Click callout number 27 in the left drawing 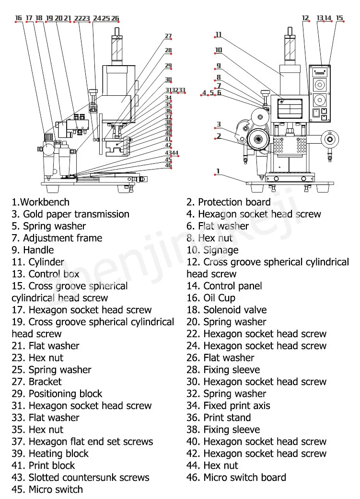click(x=168, y=36)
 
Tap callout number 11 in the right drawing click(x=218, y=34)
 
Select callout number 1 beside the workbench click(x=218, y=171)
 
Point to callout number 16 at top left click(x=19, y=18)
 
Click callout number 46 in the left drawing click(x=168, y=165)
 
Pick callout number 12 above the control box click(x=305, y=18)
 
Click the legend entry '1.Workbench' click(x=40, y=202)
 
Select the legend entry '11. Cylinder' click(x=38, y=262)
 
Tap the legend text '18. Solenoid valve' click(x=227, y=310)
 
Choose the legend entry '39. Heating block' click(x=50, y=454)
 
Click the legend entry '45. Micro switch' click(x=47, y=489)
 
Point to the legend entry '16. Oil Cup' click(x=211, y=298)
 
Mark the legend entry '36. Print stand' click(x=219, y=418)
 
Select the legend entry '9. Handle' click(x=33, y=250)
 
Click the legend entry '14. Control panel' click(x=224, y=286)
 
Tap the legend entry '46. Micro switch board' click(x=236, y=477)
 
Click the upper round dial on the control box click(x=320, y=85)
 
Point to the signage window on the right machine click(x=290, y=108)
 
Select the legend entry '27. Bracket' click(x=36, y=382)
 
